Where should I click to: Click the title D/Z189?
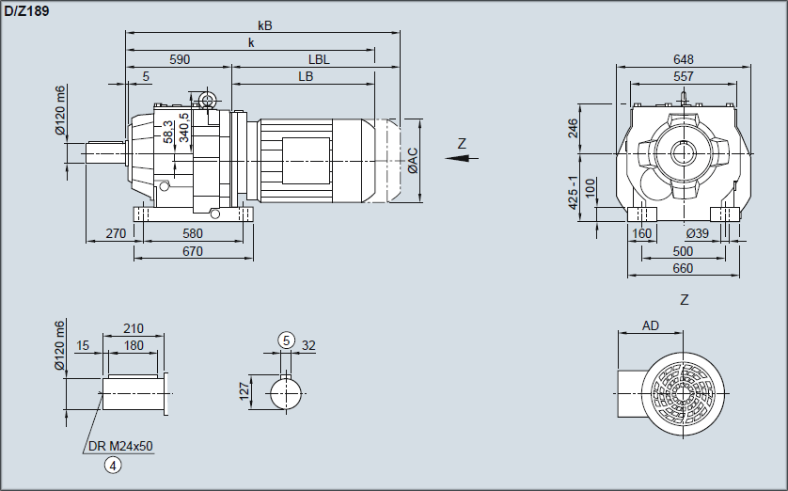(27, 10)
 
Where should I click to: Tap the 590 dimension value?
(180, 59)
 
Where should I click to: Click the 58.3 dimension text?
(168, 132)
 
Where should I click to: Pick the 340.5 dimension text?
(184, 126)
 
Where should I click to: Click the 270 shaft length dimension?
(116, 233)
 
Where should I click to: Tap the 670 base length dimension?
(193, 251)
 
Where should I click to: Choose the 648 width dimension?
(684, 59)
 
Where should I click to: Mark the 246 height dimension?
(574, 127)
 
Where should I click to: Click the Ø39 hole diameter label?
(697, 233)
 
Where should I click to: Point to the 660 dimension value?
(683, 269)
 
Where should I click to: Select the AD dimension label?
(651, 325)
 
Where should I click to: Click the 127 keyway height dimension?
(244, 390)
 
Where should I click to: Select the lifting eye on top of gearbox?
(207, 99)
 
